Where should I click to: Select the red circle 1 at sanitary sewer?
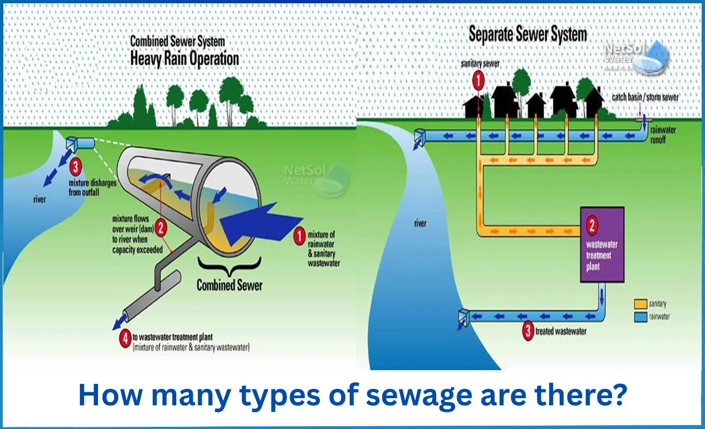pyautogui.click(x=479, y=81)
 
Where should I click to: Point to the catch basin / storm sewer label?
pyautogui.click(x=645, y=97)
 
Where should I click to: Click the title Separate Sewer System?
pyautogui.click(x=527, y=34)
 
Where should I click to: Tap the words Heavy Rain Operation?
pyautogui.click(x=185, y=58)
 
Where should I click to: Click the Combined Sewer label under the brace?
pyautogui.click(x=229, y=285)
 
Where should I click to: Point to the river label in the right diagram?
pyautogui.click(x=421, y=224)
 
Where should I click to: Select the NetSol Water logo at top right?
pyautogui.click(x=636, y=57)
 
